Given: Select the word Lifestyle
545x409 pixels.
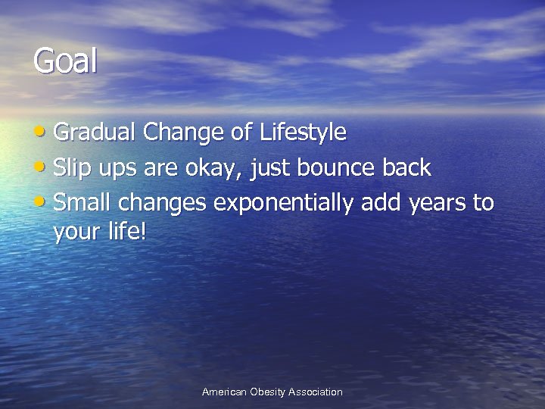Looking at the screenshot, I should coord(303,133).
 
